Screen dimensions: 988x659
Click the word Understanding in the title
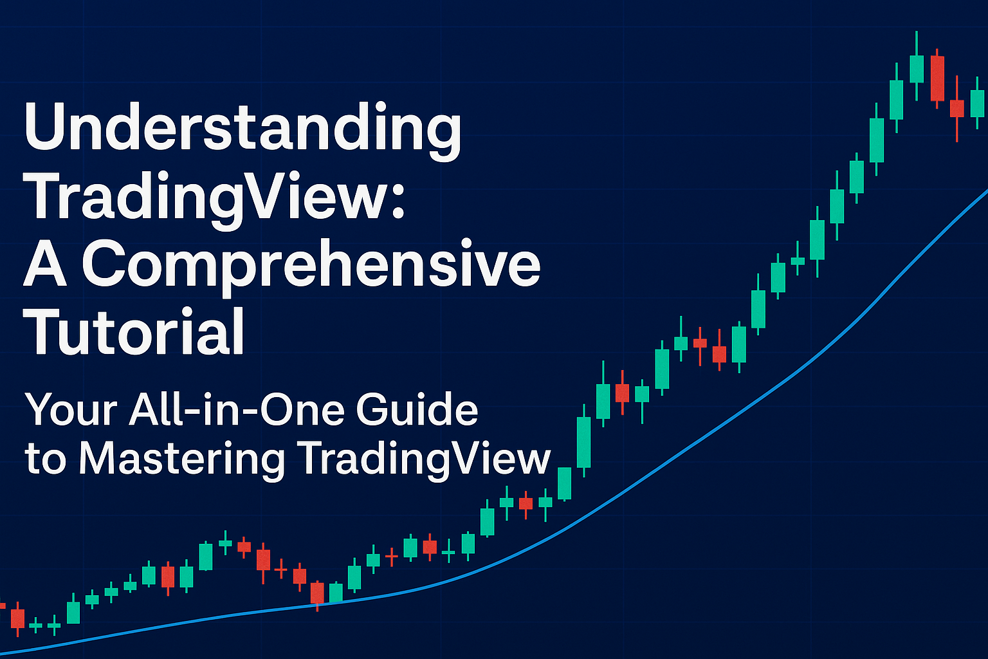click(x=242, y=131)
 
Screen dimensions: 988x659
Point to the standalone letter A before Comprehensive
click(x=45, y=264)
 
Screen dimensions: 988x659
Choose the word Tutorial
click(x=134, y=331)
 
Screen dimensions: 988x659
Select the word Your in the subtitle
click(x=71, y=409)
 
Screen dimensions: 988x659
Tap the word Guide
click(x=417, y=409)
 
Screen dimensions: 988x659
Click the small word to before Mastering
click(x=46, y=459)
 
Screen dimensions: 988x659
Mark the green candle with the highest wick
click(x=917, y=69)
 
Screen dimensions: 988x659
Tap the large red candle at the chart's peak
click(x=937, y=79)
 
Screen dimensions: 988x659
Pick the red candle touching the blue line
click(x=317, y=593)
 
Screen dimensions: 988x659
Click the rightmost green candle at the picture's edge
click(x=978, y=103)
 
